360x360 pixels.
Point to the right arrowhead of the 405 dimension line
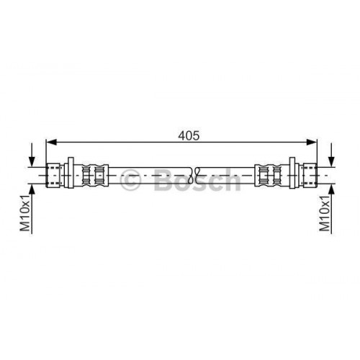point(313,142)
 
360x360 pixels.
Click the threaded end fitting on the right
point(309,174)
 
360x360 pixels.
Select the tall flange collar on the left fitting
point(71,174)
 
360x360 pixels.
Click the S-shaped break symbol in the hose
point(195,174)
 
